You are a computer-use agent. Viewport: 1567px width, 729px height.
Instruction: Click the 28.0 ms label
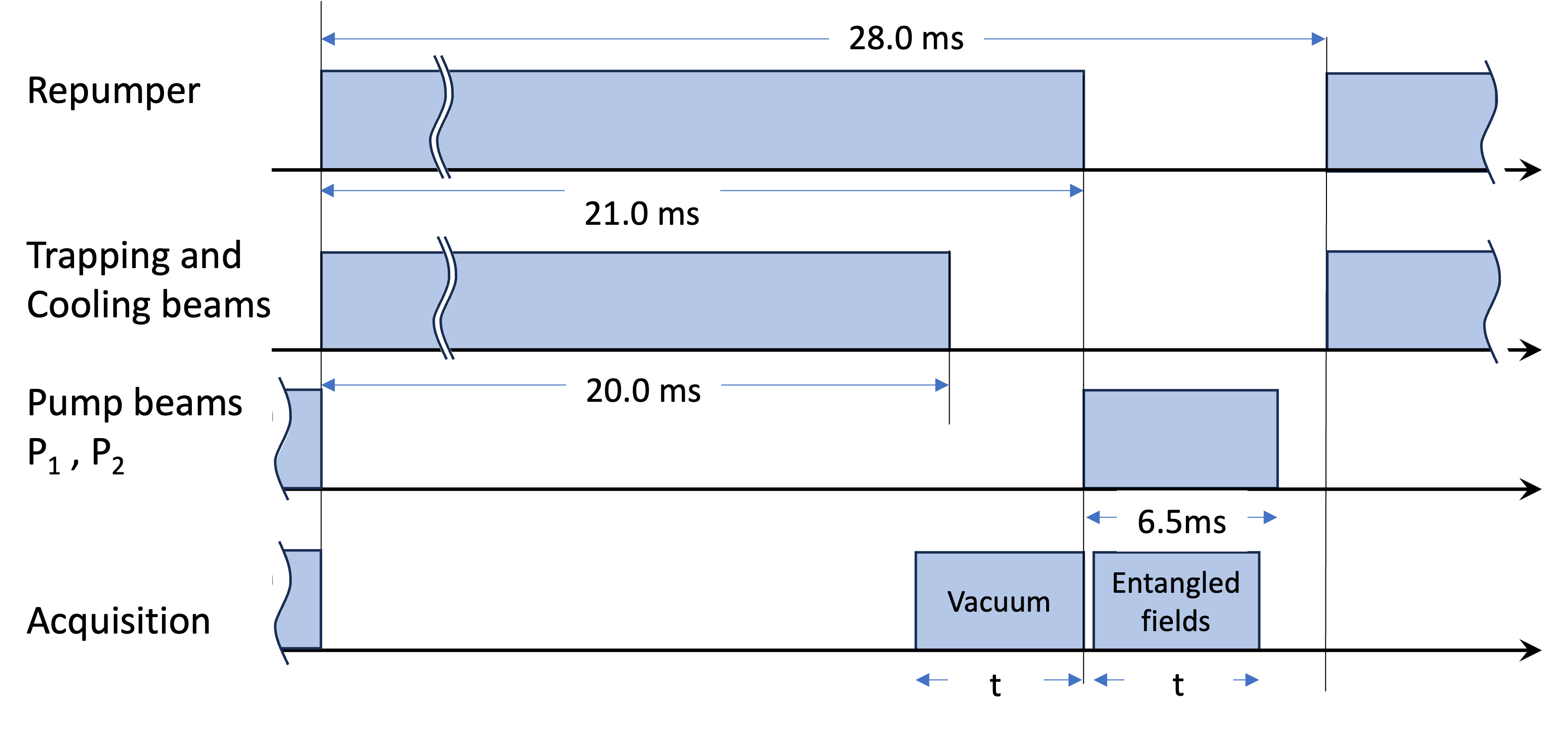click(x=906, y=38)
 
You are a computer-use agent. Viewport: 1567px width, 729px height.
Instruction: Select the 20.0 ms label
click(x=643, y=389)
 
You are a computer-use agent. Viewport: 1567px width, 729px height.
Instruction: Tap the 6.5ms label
click(x=1181, y=522)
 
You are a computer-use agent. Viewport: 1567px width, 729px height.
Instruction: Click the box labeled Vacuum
click(x=999, y=601)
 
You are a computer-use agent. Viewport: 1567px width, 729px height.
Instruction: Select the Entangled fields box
click(x=1176, y=601)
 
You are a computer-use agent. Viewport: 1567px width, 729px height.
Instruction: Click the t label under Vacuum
click(x=995, y=684)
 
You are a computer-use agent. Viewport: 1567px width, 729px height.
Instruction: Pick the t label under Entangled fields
click(x=1178, y=684)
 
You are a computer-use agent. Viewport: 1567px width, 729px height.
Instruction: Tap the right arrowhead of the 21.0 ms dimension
click(x=1076, y=191)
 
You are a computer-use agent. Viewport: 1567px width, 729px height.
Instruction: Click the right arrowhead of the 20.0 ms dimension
click(x=942, y=384)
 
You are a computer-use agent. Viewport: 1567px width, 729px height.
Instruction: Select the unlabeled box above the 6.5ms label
click(x=1181, y=439)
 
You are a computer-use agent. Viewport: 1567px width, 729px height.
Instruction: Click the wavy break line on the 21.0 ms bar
click(x=442, y=117)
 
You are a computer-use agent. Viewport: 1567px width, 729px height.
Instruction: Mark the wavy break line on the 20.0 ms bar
click(x=445, y=298)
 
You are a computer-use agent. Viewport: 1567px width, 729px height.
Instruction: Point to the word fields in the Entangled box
click(x=1175, y=621)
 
